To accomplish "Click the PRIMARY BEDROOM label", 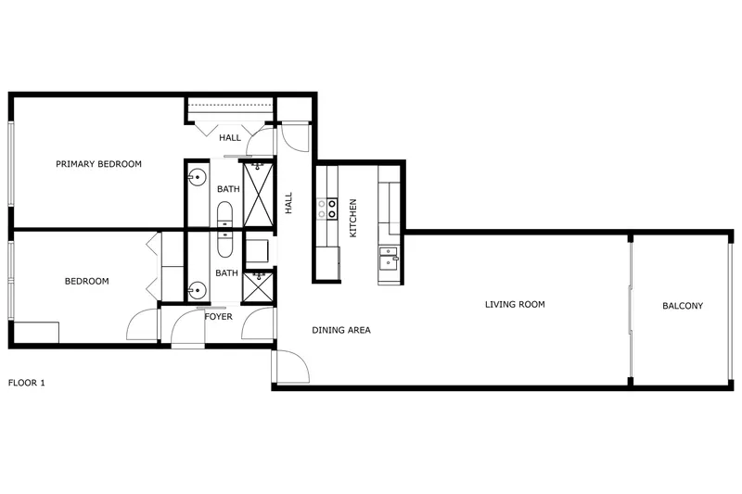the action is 98,164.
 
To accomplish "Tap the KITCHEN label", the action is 352,218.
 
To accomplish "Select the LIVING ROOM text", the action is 515,304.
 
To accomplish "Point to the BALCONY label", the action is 683,306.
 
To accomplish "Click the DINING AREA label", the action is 341,330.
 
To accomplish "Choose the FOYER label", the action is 218,316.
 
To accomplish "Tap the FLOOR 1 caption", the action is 27,383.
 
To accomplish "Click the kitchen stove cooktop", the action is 327,209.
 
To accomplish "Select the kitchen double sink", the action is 389,258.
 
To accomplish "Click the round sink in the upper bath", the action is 198,178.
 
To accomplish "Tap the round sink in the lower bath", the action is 197,289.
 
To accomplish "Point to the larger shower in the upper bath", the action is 258,195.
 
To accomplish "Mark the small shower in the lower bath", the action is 258,286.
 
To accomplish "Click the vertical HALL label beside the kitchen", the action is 288,203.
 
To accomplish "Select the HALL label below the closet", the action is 230,138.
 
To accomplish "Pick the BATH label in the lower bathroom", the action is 226,272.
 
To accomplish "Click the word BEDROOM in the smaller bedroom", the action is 86,281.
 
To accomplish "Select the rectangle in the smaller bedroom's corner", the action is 36,333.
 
